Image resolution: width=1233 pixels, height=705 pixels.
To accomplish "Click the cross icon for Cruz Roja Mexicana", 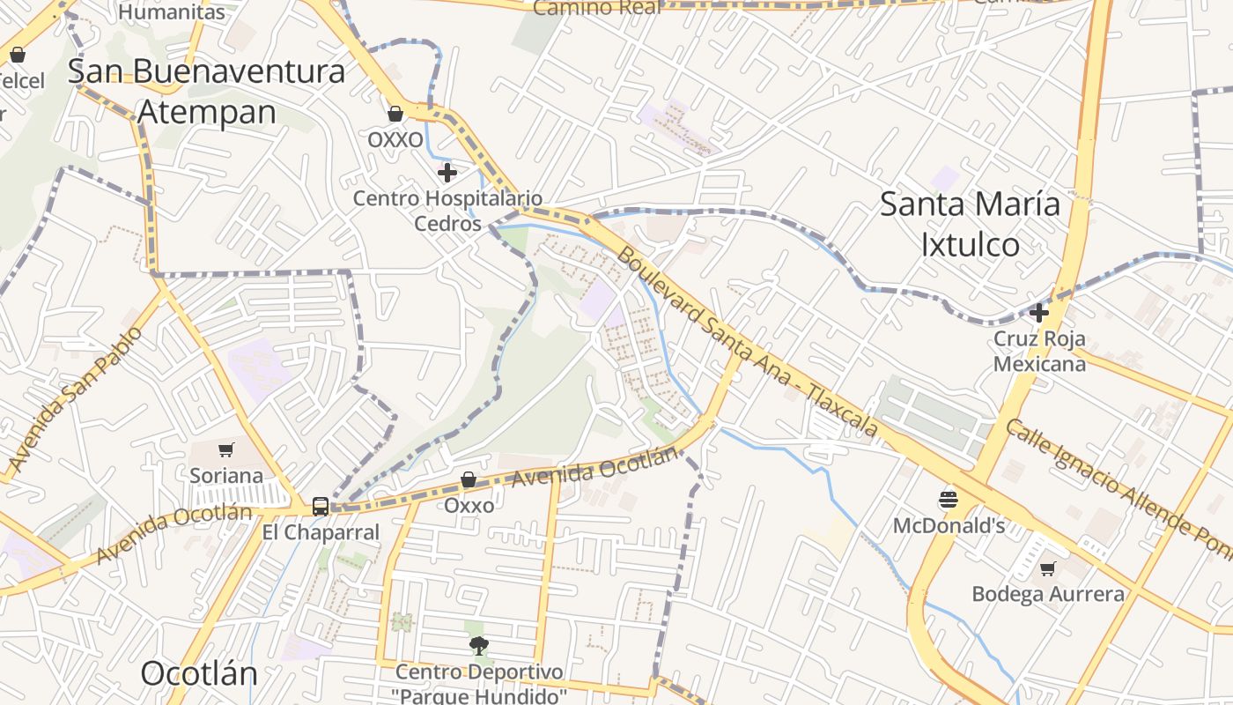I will click(x=1039, y=312).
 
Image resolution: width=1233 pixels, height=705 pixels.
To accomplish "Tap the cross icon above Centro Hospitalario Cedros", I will click(x=447, y=172).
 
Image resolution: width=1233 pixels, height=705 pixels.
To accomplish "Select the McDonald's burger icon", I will click(x=948, y=500).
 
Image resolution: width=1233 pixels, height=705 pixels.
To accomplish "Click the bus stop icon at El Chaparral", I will click(x=321, y=507).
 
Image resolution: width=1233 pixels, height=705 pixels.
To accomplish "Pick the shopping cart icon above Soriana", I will click(x=226, y=449).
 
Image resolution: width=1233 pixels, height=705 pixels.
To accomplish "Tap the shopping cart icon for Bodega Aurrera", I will click(x=1047, y=568).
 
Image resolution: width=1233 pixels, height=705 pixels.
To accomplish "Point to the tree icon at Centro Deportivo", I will click(x=478, y=646).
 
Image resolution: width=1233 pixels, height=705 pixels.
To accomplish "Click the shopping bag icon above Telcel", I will click(x=17, y=56).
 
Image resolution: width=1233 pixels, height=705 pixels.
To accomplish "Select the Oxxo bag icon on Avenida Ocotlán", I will click(x=469, y=479).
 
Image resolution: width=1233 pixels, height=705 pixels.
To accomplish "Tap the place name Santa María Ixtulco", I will click(x=970, y=224).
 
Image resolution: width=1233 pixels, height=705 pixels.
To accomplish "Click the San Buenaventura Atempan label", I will click(x=206, y=92).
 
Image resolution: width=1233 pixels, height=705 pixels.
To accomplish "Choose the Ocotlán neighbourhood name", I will click(x=199, y=674).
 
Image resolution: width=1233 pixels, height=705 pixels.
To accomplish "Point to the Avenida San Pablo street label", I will click(x=75, y=398).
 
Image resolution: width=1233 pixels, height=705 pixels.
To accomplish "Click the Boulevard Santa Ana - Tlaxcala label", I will click(x=747, y=342).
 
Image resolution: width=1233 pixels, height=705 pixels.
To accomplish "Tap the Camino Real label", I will click(x=597, y=8).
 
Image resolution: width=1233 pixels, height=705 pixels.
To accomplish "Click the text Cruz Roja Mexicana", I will click(x=1039, y=351).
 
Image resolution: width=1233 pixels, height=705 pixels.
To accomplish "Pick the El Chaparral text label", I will click(x=321, y=532).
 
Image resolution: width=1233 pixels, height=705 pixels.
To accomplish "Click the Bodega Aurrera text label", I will click(x=1047, y=594).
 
